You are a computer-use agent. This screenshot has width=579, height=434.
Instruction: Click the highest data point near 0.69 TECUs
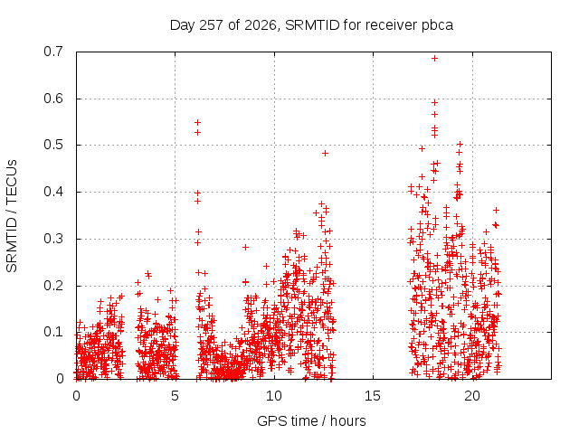pos(434,58)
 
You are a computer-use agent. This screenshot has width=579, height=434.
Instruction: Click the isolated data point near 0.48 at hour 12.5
pos(325,153)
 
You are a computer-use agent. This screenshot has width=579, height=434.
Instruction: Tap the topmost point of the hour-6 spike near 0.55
pos(197,122)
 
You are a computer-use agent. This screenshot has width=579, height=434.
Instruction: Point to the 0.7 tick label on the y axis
pos(53,52)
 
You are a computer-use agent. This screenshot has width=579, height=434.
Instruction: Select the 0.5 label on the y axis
pos(53,145)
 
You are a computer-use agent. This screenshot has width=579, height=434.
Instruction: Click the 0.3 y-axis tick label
pos(53,239)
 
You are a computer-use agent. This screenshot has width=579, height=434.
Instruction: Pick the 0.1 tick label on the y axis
pos(53,332)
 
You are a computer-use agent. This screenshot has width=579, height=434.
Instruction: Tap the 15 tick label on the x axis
pos(373,396)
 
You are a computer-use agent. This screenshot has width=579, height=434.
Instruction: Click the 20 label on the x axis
pos(472,396)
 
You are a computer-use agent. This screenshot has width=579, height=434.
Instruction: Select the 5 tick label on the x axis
pos(175,396)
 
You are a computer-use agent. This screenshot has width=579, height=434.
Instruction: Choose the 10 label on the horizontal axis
pos(273,396)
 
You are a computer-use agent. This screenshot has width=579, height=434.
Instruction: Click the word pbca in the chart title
pos(437,25)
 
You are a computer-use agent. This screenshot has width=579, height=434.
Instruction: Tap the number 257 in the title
pos(211,25)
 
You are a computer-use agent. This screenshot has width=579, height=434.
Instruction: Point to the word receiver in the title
pos(392,25)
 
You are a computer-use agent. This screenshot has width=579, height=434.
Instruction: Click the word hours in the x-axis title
pos(347,420)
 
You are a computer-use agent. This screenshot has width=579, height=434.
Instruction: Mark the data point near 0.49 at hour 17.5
pos(422,148)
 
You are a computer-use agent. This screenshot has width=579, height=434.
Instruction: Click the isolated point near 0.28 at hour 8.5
pos(245,247)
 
